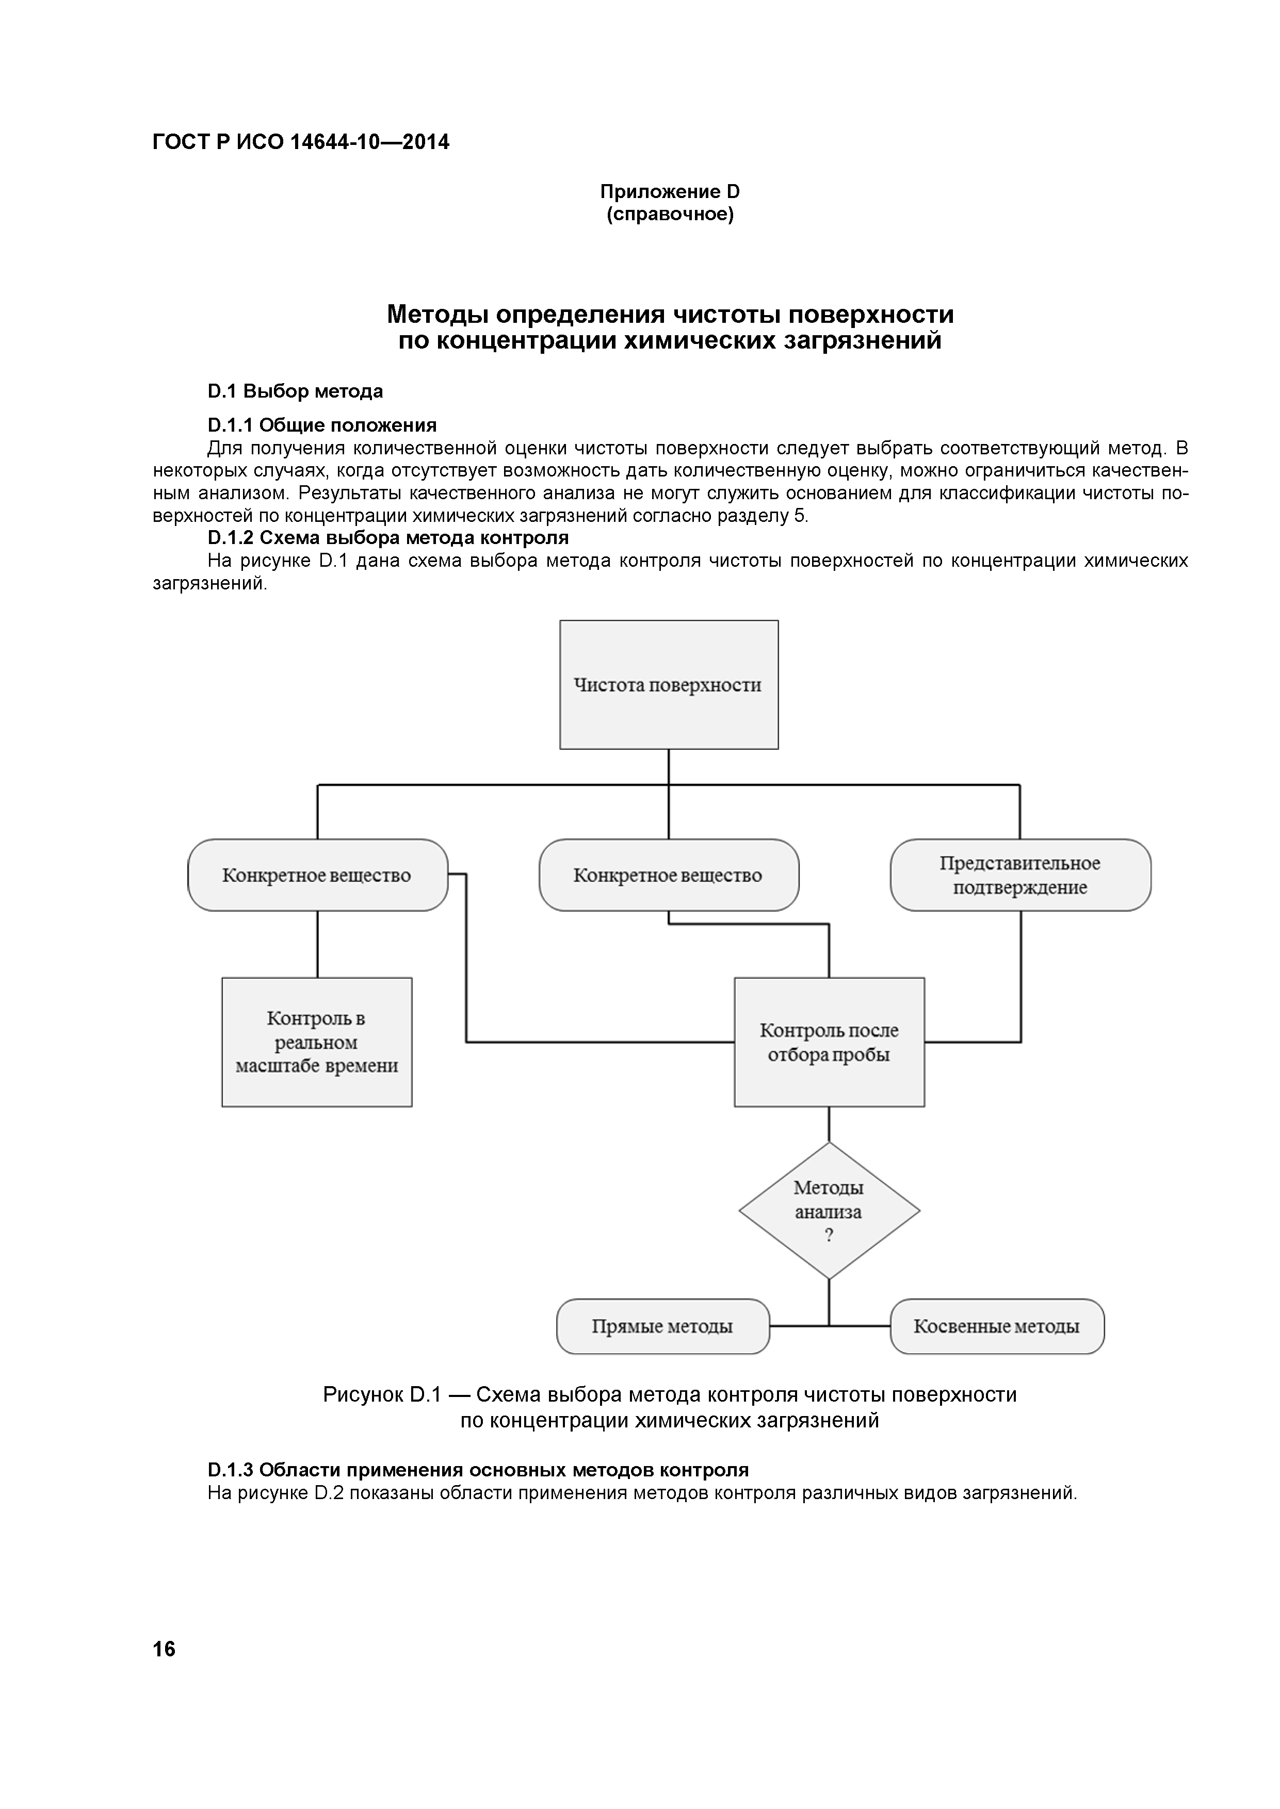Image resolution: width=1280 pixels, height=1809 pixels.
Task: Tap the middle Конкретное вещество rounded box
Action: [x=668, y=875]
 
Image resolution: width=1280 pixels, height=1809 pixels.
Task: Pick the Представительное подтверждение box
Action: [x=1020, y=875]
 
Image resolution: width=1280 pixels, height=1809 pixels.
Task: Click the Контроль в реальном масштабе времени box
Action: [x=317, y=1042]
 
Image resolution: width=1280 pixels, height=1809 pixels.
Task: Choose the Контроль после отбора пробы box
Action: [x=829, y=1042]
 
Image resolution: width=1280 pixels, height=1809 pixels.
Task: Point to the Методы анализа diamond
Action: [x=829, y=1210]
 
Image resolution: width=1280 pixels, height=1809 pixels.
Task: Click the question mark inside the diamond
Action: [x=829, y=1236]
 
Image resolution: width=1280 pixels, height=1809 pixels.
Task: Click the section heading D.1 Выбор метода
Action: [x=296, y=391]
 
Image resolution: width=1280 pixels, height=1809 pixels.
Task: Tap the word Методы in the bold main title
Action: [x=438, y=315]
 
